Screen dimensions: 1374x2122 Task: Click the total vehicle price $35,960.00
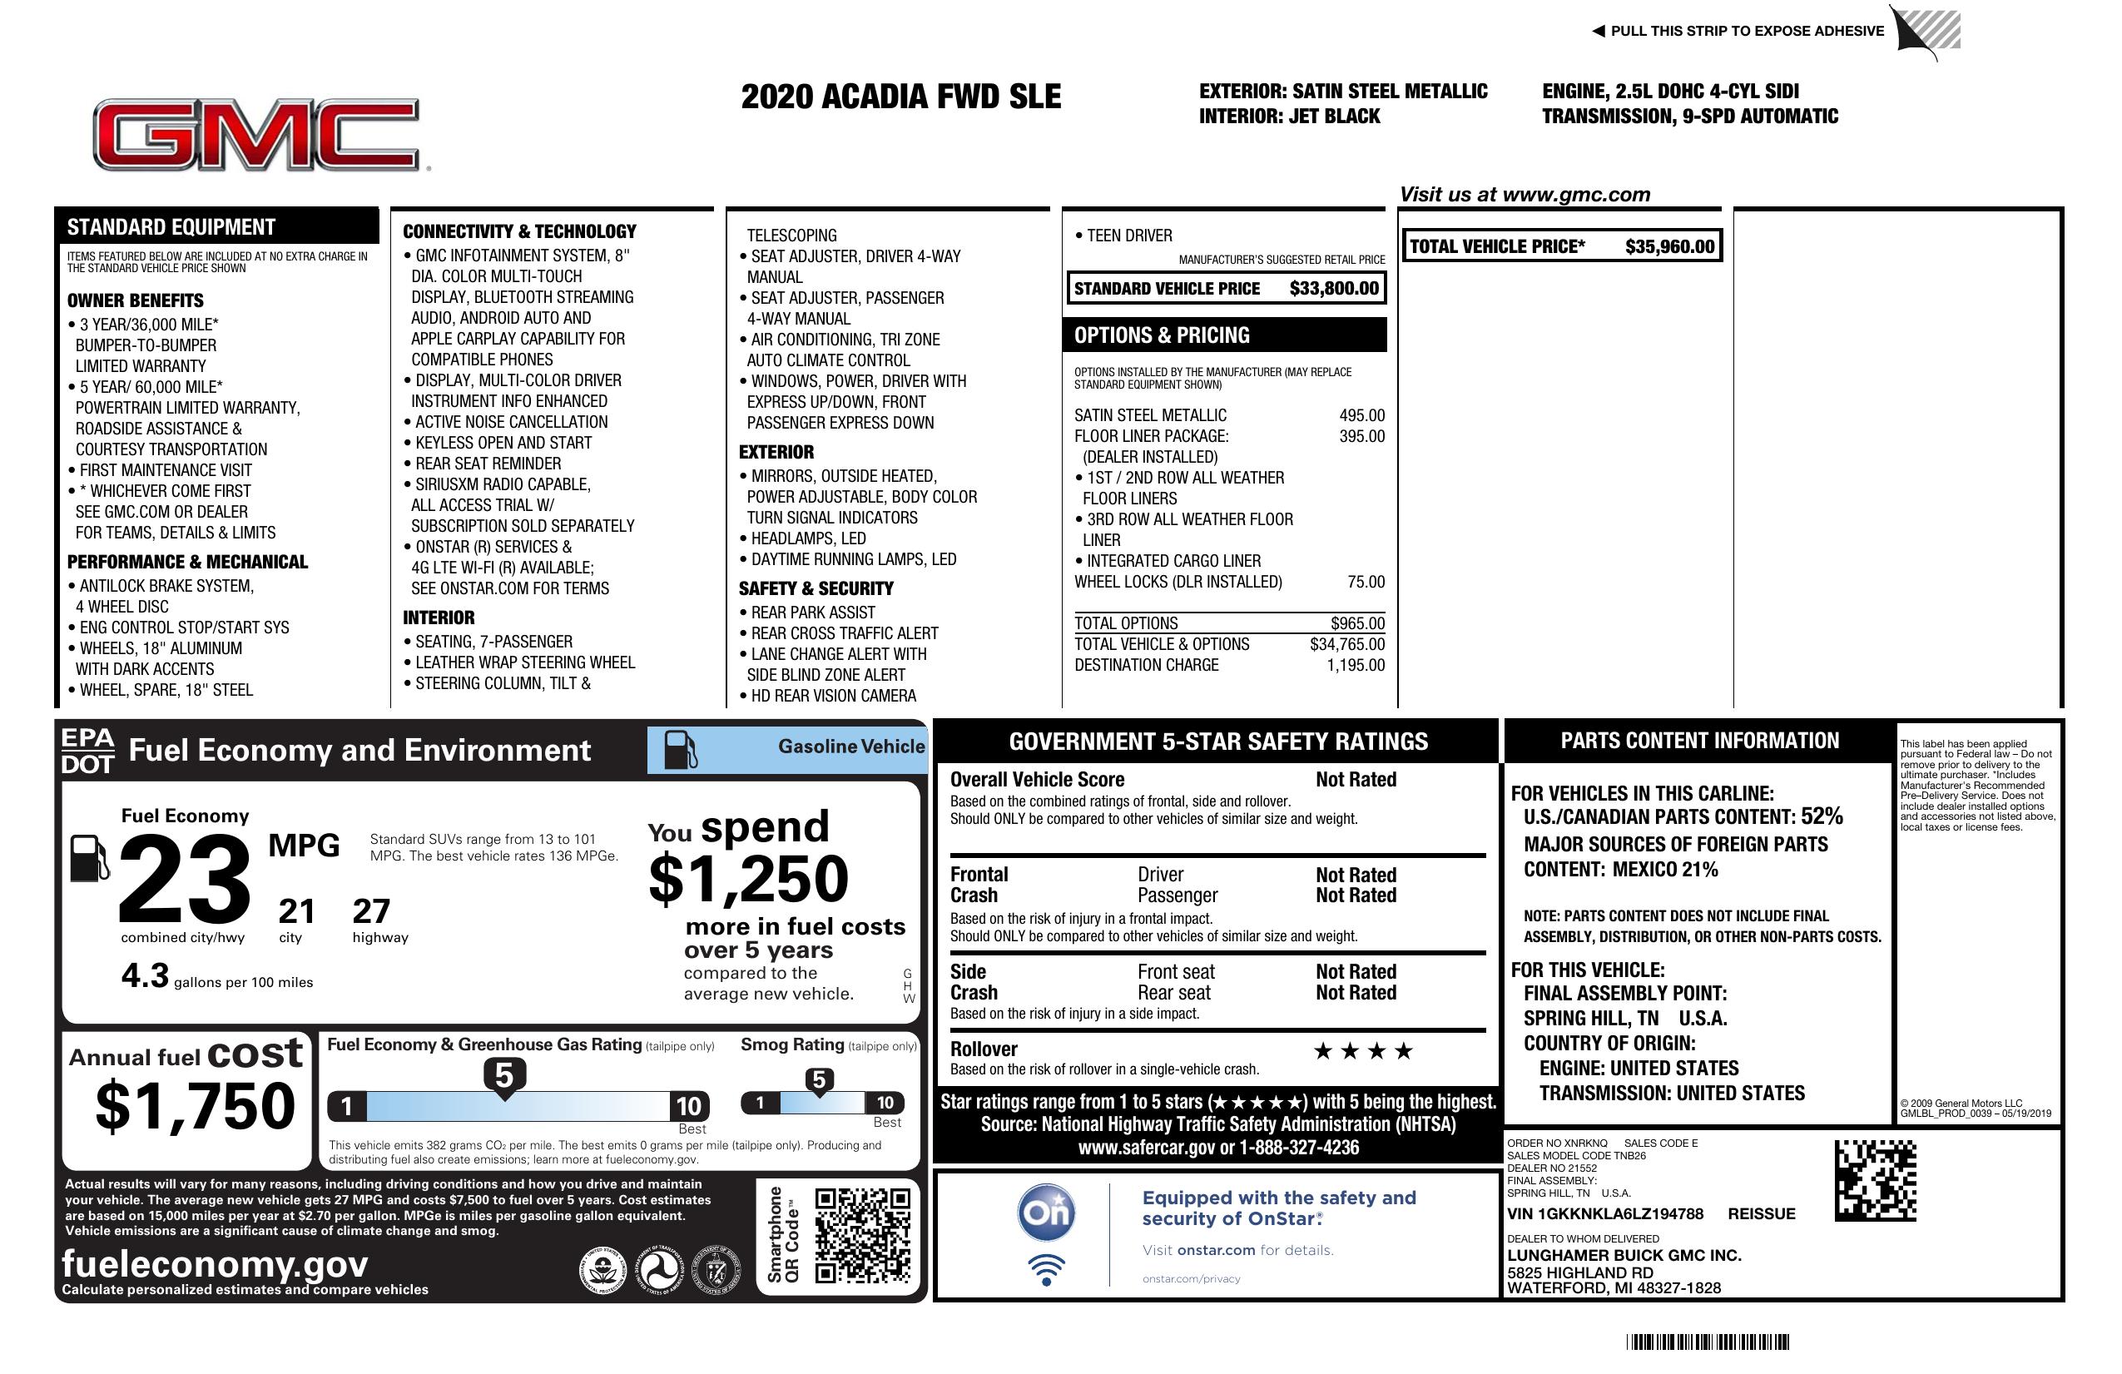(1669, 246)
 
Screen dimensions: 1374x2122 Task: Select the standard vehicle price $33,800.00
(1334, 288)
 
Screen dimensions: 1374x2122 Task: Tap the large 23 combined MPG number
(185, 879)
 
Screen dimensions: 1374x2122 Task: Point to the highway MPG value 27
(371, 911)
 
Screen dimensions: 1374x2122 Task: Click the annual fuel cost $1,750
(195, 1106)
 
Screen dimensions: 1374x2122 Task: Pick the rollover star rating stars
(1363, 1051)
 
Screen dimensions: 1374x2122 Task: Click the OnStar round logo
(1047, 1213)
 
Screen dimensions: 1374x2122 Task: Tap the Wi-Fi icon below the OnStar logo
(1046, 1269)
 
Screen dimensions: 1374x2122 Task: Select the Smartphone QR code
(862, 1235)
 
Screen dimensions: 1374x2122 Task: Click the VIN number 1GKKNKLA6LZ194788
(1605, 1213)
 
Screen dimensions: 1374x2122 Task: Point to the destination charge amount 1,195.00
(1356, 665)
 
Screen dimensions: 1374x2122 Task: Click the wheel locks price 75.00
(1366, 583)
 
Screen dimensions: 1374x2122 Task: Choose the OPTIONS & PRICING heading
(1162, 335)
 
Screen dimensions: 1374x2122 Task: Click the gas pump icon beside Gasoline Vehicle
(681, 749)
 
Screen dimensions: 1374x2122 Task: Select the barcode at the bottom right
(1708, 1342)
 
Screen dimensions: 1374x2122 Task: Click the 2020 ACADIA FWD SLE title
(900, 97)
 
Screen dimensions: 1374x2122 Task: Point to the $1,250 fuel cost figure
(749, 879)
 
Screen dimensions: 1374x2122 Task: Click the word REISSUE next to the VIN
(1761, 1213)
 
